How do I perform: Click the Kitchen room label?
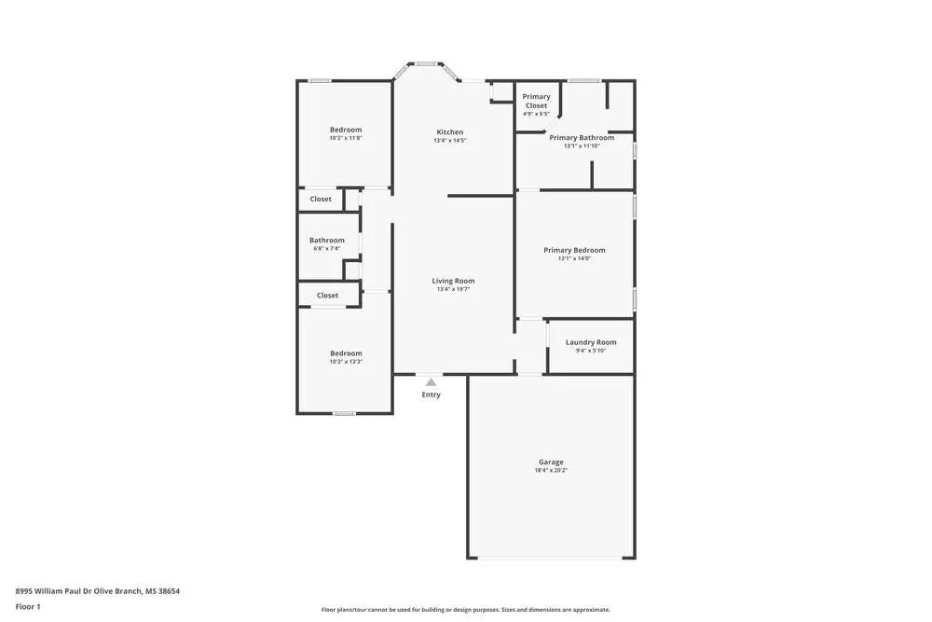pos(449,132)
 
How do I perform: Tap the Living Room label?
pos(453,281)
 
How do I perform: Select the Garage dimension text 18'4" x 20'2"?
pos(551,471)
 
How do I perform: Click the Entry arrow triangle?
pos(431,382)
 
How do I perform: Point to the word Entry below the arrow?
pos(431,394)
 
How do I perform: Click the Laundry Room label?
pos(591,342)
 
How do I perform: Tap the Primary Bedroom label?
pos(574,250)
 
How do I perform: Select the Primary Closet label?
pos(536,101)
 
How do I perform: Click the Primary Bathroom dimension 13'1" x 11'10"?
pos(582,146)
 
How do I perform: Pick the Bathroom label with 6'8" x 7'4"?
pos(327,241)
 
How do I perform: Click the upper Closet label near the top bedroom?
pos(321,199)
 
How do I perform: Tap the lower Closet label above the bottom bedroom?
pos(327,296)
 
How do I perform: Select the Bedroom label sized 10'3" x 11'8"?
pos(346,130)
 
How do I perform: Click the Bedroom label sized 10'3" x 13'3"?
pos(346,353)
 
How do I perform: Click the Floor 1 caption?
pos(28,607)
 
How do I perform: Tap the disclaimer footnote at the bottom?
pos(466,610)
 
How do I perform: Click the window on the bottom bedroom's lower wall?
pos(345,413)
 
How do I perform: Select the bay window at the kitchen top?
pos(427,64)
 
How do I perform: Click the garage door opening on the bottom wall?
pos(550,559)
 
